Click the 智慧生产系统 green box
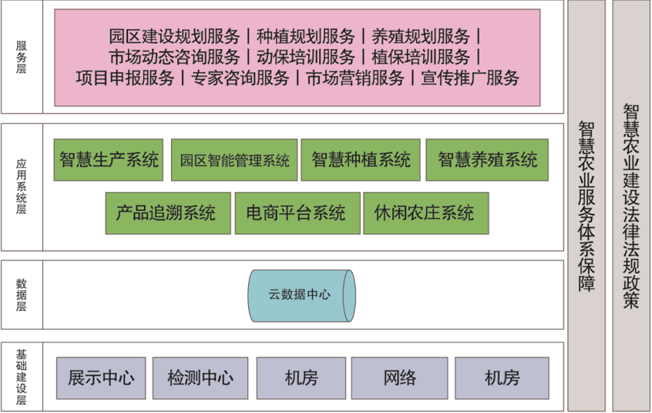pyautogui.click(x=108, y=159)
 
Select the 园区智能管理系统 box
pyautogui.click(x=234, y=159)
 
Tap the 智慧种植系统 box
pyautogui.click(x=361, y=159)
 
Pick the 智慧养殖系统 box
pyautogui.click(x=487, y=159)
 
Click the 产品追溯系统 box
pyautogui.click(x=168, y=213)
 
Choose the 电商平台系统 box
pyautogui.click(x=297, y=213)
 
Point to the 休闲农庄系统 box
pyautogui.click(x=425, y=213)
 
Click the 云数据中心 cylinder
pyautogui.click(x=301, y=296)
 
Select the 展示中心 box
pyautogui.click(x=101, y=378)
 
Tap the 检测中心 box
pyautogui.click(x=200, y=378)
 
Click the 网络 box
pyautogui.click(x=399, y=378)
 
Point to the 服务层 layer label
pyautogui.click(x=22, y=57)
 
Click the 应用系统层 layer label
pyautogui.click(x=22, y=186)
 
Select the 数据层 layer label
pyautogui.click(x=22, y=295)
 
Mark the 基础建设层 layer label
pyautogui.click(x=22, y=378)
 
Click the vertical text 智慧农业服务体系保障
pyautogui.click(x=586, y=206)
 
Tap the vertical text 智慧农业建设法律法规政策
pyautogui.click(x=630, y=206)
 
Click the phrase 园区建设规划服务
pyautogui.click(x=174, y=36)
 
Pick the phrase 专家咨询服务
pyautogui.click(x=240, y=78)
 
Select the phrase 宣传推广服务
pyautogui.click(x=470, y=78)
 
